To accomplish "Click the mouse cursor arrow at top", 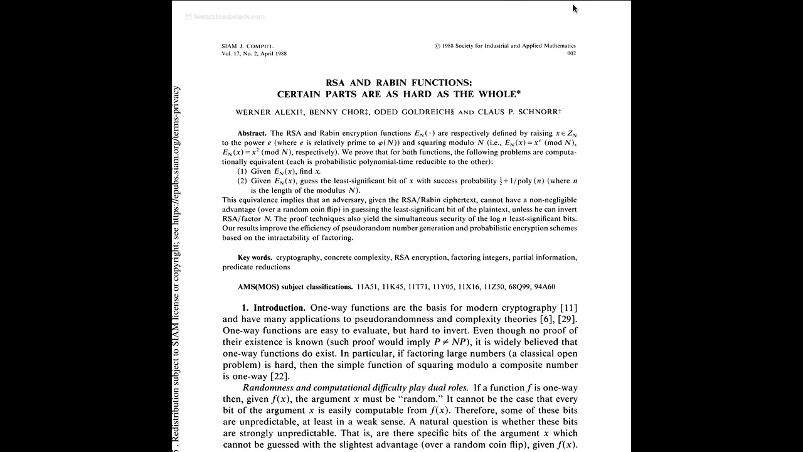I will point(575,8).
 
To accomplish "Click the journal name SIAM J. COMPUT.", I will point(248,46).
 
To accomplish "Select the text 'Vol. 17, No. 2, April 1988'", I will point(254,54).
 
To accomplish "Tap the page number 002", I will point(571,54).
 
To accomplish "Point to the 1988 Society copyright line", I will point(505,46).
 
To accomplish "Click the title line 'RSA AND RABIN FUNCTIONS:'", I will point(399,82).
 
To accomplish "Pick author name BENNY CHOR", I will point(337,112).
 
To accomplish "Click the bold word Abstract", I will point(252,134).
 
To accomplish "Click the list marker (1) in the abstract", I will point(242,171).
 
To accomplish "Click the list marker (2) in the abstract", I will point(242,181).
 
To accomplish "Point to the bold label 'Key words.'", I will point(255,257).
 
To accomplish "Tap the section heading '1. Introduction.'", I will point(274,308).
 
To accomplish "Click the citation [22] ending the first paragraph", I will point(279,377).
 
